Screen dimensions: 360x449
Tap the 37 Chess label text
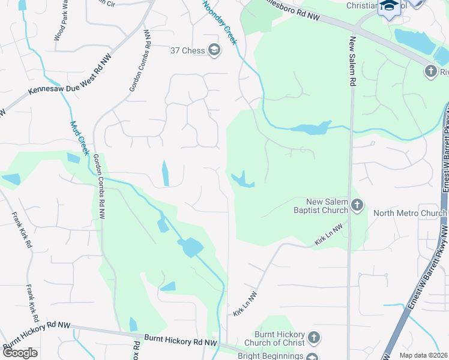tap(188, 50)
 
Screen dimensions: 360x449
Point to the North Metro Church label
tap(406, 213)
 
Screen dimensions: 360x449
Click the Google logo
tap(20, 353)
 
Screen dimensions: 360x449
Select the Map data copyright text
tap(423, 355)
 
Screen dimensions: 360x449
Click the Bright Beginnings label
tap(271, 356)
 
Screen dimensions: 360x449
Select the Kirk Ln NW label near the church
tap(328, 234)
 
